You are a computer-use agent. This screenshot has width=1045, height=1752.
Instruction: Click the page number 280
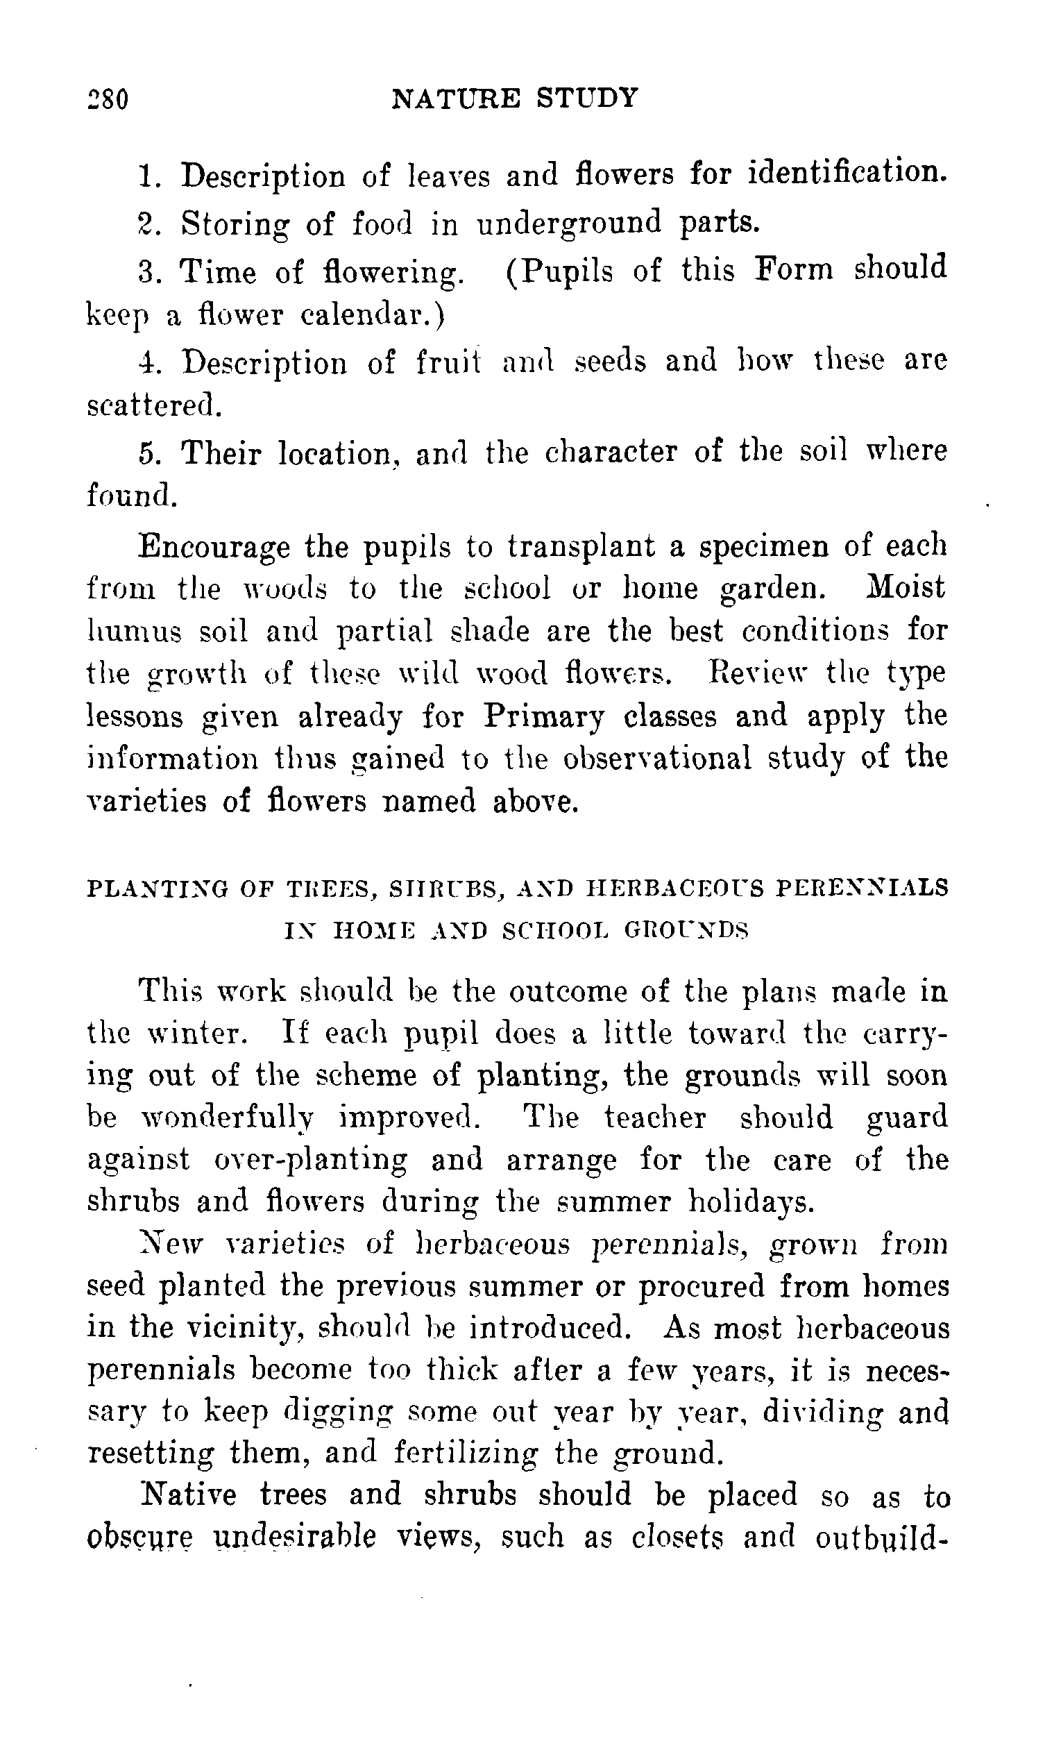point(108,99)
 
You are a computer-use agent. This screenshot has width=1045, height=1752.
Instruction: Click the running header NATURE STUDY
point(514,97)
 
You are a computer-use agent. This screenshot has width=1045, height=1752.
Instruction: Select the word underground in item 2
point(569,224)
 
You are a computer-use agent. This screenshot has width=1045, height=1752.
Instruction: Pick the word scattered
point(153,406)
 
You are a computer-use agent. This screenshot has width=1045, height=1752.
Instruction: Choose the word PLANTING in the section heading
point(157,888)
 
